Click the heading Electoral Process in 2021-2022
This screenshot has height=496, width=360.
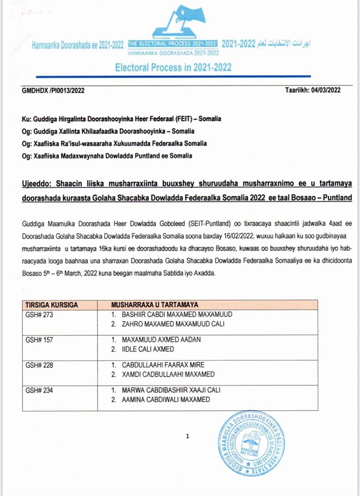(x=173, y=68)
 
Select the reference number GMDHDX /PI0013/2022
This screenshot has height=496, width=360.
(x=49, y=90)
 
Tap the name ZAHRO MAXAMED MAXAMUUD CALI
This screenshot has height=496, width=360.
(x=173, y=324)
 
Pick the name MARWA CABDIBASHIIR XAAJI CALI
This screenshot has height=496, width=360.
(x=171, y=390)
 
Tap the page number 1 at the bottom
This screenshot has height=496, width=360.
(x=187, y=436)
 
